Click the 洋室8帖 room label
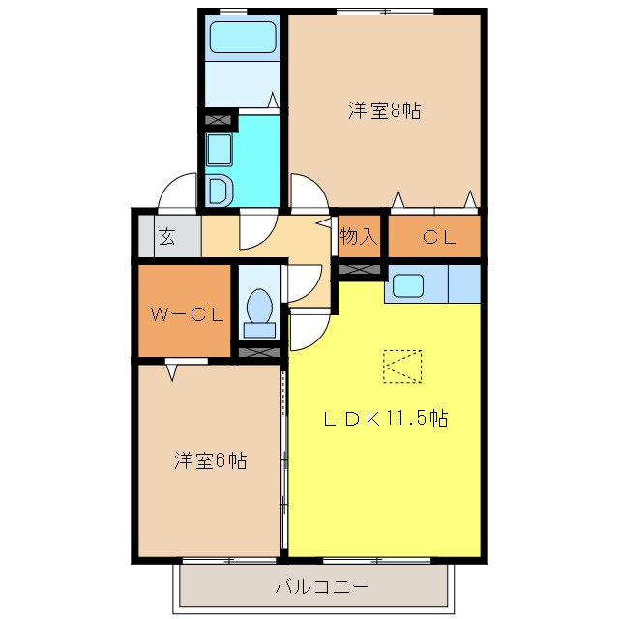point(384,110)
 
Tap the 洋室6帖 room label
point(210,460)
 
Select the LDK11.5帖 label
point(385,419)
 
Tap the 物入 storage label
point(359,236)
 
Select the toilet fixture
point(258,309)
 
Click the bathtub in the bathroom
point(245,38)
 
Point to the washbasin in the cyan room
point(219,151)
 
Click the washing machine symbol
point(219,191)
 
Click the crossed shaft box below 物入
point(360,268)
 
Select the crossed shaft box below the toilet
point(258,351)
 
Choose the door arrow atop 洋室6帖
point(172,368)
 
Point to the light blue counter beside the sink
point(464,284)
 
